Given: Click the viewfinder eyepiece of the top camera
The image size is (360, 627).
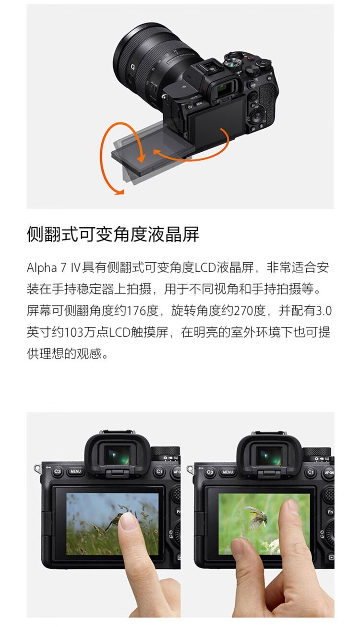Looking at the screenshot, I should (223, 89).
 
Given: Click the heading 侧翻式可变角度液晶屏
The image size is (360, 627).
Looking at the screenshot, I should (113, 235).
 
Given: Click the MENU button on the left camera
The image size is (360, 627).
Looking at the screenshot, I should (75, 472).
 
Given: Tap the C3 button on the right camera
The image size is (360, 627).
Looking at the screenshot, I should (210, 472).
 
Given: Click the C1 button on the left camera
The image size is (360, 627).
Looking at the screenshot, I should (159, 472).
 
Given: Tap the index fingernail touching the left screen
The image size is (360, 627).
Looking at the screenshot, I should (128, 521).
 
